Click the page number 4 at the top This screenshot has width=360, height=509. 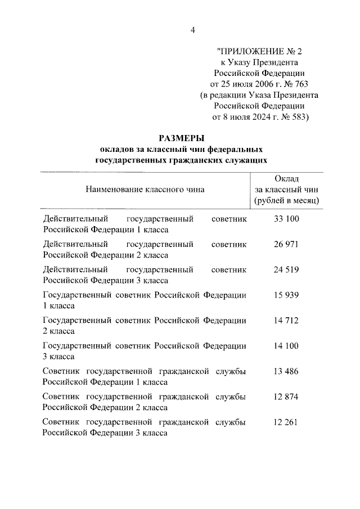tap(192, 30)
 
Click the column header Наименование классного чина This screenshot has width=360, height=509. tap(145, 189)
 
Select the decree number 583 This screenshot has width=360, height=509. tap(296, 117)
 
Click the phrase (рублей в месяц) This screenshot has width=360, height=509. tap(286, 200)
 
